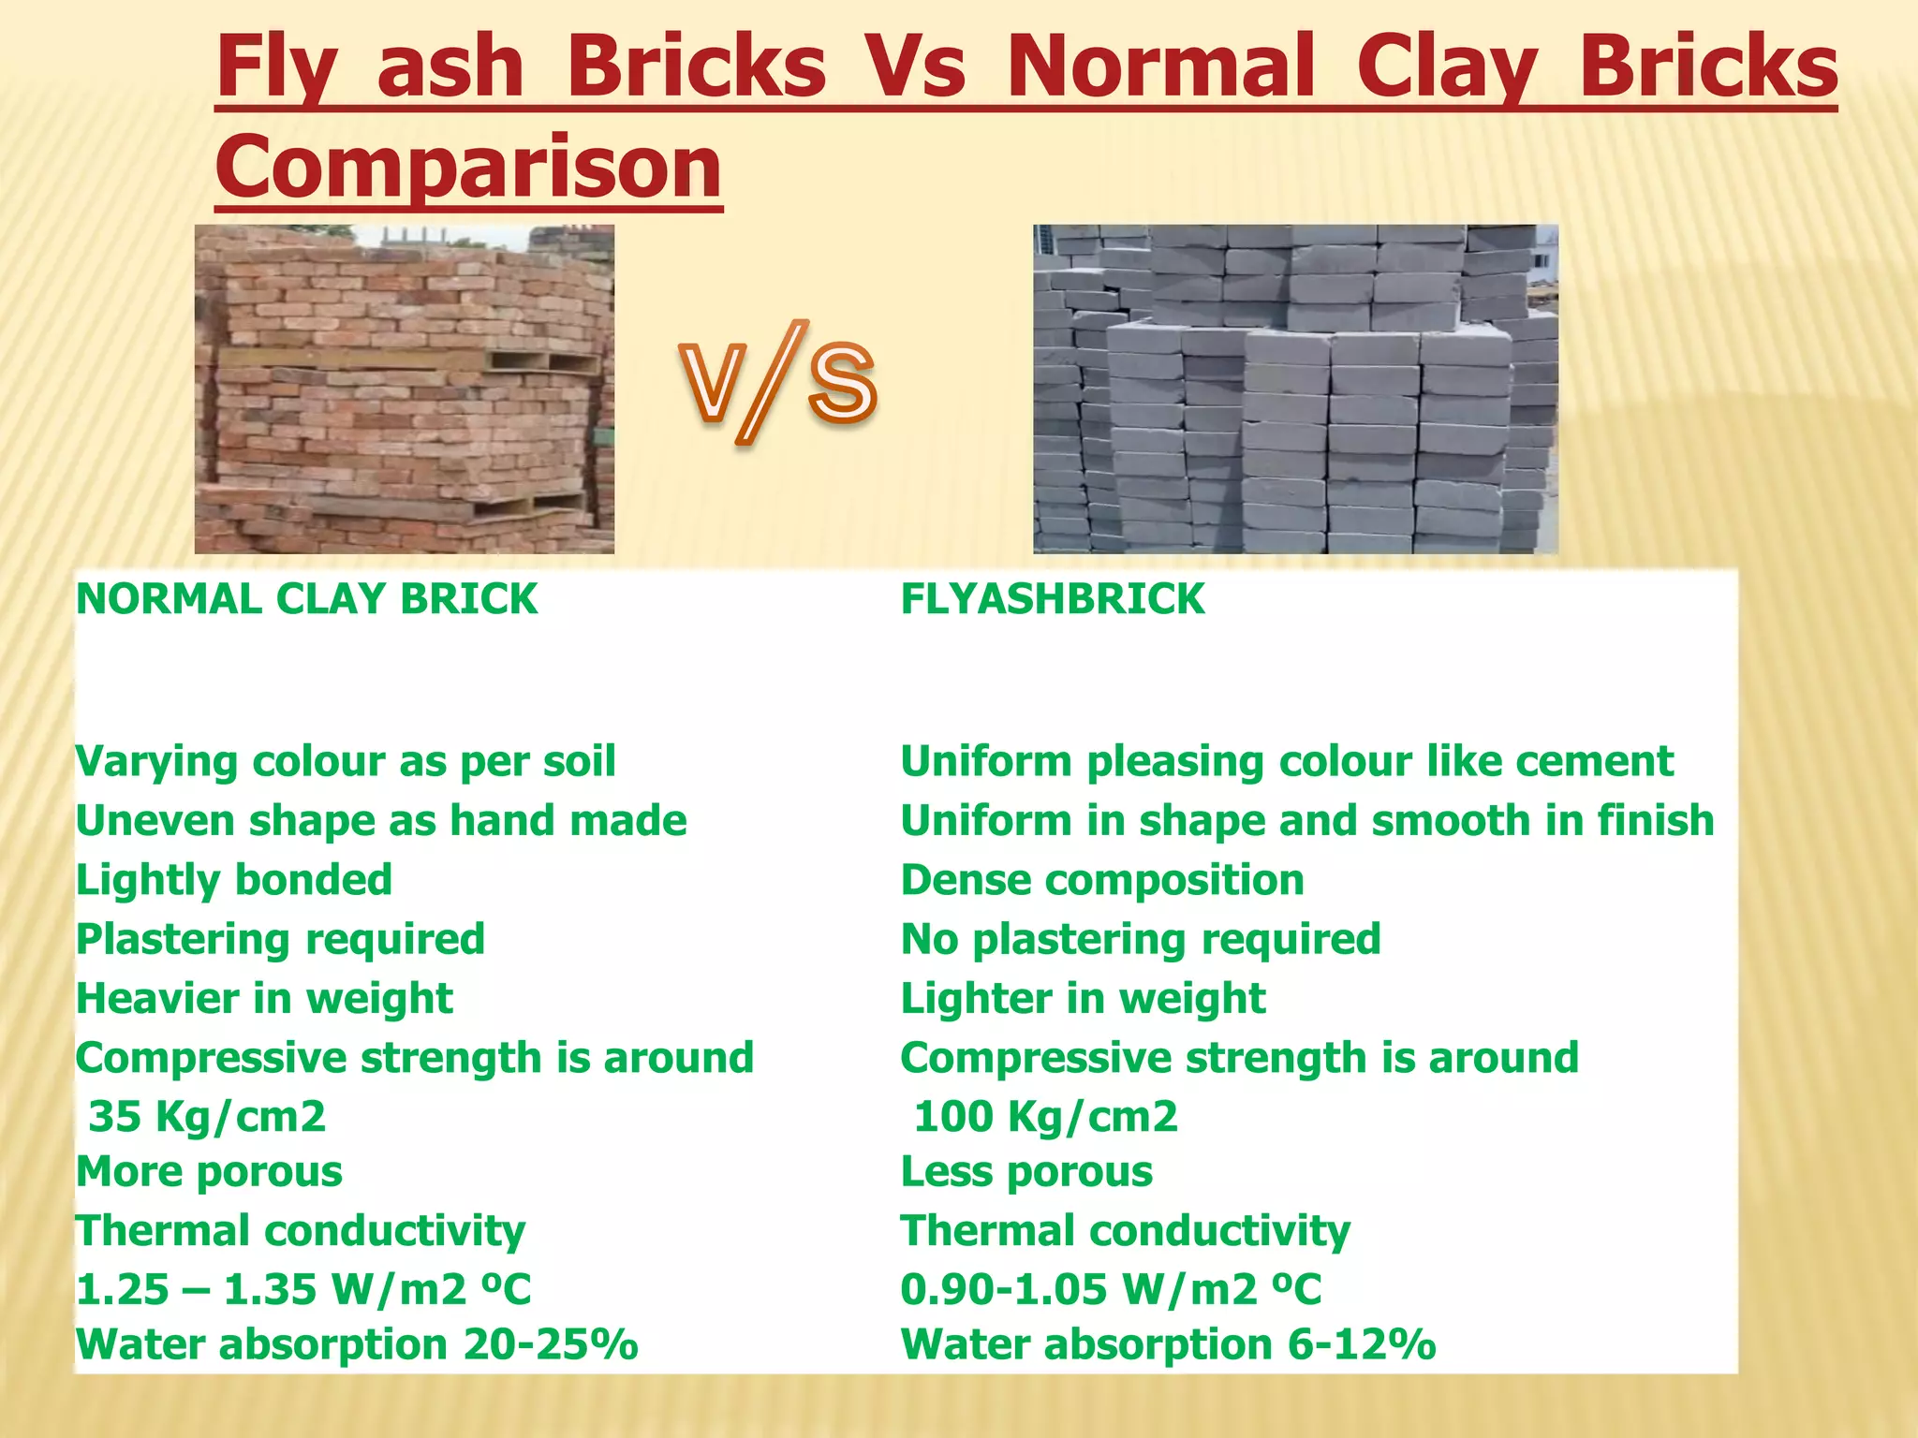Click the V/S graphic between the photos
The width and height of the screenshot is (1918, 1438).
click(778, 384)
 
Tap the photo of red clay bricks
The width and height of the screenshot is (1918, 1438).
click(405, 389)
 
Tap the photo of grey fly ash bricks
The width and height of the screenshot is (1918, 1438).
click(1295, 389)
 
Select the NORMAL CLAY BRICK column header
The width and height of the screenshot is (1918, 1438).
click(307, 599)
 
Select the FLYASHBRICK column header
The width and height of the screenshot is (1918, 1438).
click(1053, 599)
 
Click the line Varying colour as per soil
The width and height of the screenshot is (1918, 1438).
click(346, 761)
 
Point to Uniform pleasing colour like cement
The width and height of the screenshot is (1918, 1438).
click(1287, 761)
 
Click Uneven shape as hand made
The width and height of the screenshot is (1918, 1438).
click(381, 821)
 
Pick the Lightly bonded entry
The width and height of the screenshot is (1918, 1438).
click(234, 880)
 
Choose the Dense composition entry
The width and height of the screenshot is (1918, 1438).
click(1102, 880)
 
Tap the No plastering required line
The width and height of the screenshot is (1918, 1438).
click(1141, 939)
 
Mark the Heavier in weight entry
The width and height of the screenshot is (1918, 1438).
click(264, 998)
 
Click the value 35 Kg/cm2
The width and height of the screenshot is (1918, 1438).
click(207, 1117)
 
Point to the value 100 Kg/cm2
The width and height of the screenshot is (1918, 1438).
click(1045, 1117)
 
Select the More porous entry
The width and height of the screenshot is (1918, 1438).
click(210, 1172)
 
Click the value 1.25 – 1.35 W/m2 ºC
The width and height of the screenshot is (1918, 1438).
click(303, 1290)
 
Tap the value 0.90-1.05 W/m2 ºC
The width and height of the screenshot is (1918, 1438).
click(1112, 1290)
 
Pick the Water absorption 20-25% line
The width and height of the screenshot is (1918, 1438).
click(357, 1345)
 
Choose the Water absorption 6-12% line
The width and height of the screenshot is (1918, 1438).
click(1168, 1345)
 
